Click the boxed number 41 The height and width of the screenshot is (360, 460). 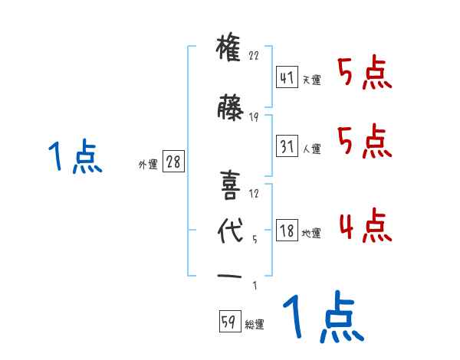[x=287, y=77]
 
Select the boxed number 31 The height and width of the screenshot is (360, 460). [x=287, y=147]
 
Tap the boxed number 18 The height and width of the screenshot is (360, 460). [x=287, y=231]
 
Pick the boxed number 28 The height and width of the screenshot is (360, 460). [x=172, y=162]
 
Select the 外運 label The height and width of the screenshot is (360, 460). [x=148, y=164]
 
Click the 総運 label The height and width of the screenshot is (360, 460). [x=254, y=326]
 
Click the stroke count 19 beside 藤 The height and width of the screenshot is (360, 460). [x=255, y=117]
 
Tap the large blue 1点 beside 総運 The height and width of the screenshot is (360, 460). [x=323, y=318]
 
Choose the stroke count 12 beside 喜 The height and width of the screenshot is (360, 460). [x=255, y=194]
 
